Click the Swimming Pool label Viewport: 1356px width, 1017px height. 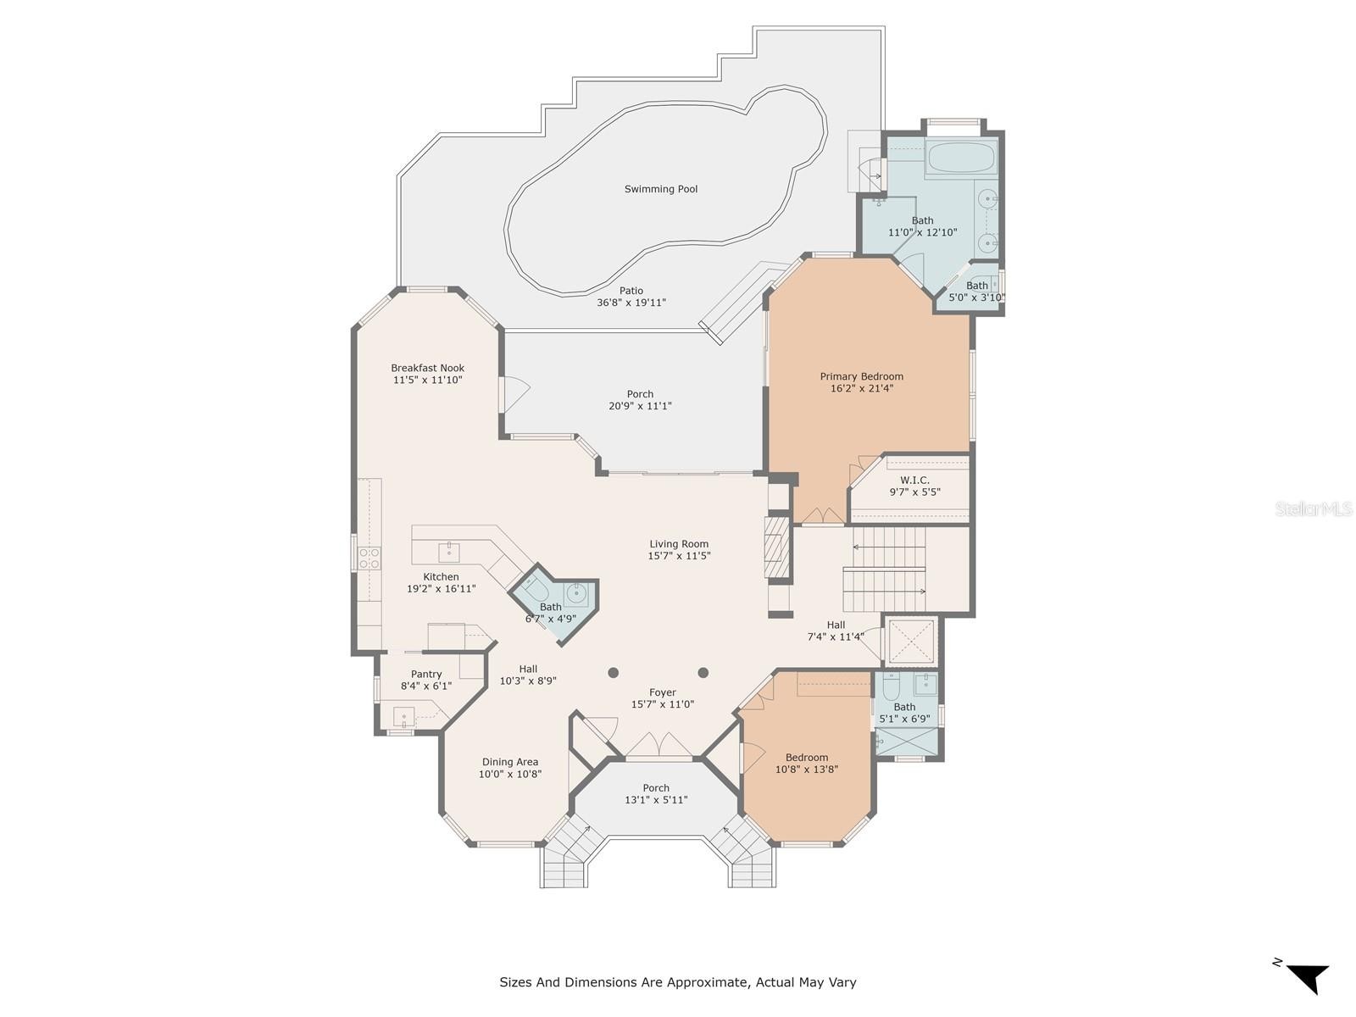point(660,189)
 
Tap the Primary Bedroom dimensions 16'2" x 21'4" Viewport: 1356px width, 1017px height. point(862,388)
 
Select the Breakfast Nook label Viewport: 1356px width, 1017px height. point(427,368)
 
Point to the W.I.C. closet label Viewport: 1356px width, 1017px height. point(914,480)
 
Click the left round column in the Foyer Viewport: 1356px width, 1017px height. point(613,672)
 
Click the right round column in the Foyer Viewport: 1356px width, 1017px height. point(703,672)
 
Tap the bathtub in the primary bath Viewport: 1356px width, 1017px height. point(960,158)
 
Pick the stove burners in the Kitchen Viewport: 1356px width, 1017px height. point(370,559)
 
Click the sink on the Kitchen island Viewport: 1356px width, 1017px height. point(449,551)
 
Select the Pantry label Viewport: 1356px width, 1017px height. point(426,675)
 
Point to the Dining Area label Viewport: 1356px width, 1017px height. point(510,762)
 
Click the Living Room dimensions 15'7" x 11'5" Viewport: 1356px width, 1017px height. point(679,556)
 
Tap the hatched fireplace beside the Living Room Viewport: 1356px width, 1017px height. point(777,547)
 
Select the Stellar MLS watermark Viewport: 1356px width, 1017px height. point(1314,508)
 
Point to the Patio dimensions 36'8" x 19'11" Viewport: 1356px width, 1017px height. point(631,303)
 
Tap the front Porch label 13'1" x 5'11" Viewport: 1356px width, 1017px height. point(656,794)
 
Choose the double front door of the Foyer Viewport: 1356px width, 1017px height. point(659,745)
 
